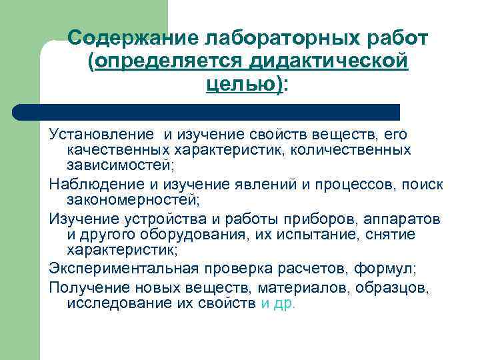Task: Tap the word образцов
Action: tap(400, 287)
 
